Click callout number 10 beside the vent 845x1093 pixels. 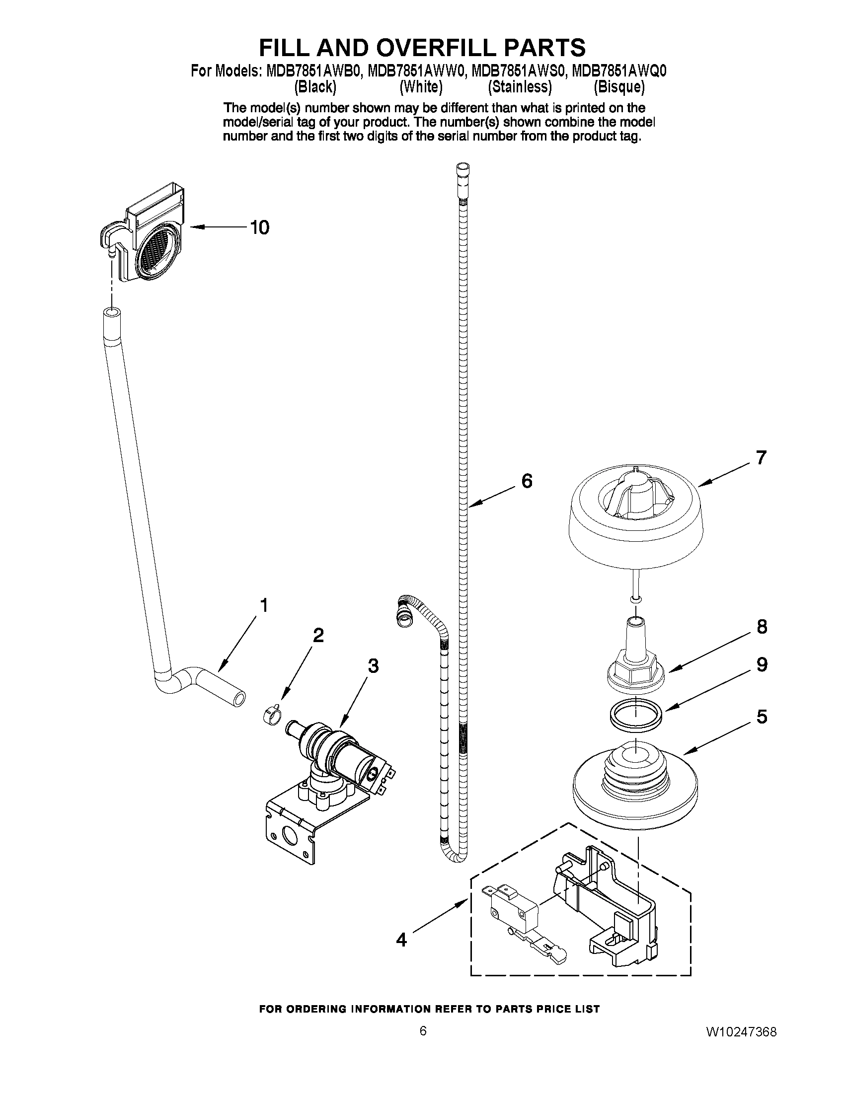[x=260, y=228]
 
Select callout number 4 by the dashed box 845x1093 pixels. [x=401, y=940]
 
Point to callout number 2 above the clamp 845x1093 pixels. [x=318, y=635]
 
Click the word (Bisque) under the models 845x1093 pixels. [x=619, y=87]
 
